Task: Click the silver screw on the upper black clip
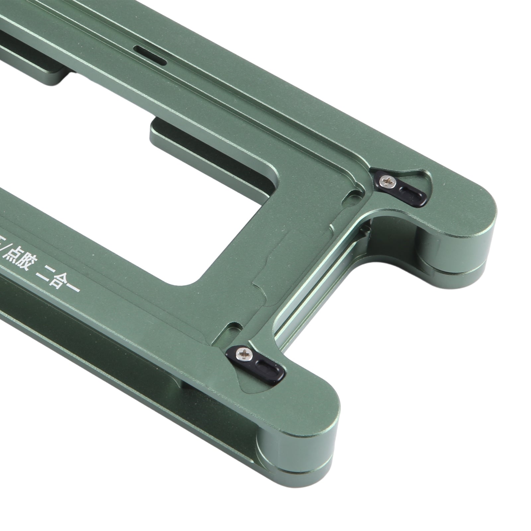coord(386,181)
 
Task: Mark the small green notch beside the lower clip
coord(233,329)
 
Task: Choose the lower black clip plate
coord(257,363)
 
